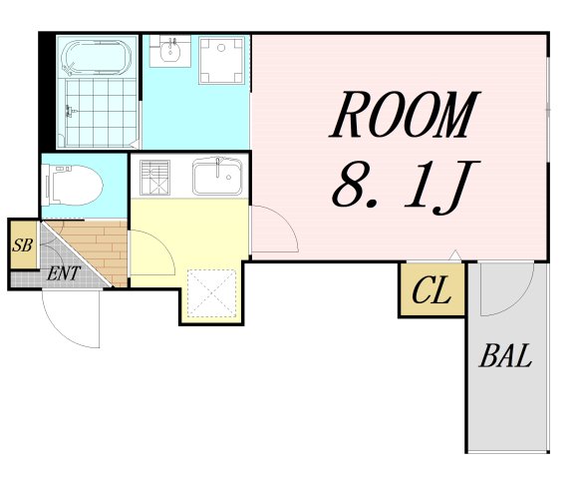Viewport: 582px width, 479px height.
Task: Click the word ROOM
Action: pyautogui.click(x=405, y=114)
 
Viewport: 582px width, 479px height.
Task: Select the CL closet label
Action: pyautogui.click(x=432, y=290)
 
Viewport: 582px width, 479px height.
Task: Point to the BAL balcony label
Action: pyautogui.click(x=505, y=355)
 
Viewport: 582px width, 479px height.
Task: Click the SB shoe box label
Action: pyautogui.click(x=23, y=244)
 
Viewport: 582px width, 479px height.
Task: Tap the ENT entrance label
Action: pyautogui.click(x=64, y=273)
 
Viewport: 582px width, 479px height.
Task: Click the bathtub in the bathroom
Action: pyautogui.click(x=98, y=58)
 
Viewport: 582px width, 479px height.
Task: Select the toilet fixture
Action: pyautogui.click(x=73, y=186)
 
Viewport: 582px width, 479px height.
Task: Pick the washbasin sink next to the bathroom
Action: pyautogui.click(x=170, y=52)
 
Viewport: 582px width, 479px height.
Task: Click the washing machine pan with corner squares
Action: pyautogui.click(x=221, y=60)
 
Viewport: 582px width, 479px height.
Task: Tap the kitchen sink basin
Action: pyautogui.click(x=217, y=177)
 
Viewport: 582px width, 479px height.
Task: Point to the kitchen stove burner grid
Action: pyautogui.click(x=154, y=178)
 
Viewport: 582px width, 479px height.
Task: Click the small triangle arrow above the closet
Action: pyautogui.click(x=454, y=255)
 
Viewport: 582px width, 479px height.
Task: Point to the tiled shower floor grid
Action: pyautogui.click(x=101, y=113)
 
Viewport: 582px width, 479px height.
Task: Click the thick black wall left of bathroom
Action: pyautogui.click(x=47, y=91)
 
